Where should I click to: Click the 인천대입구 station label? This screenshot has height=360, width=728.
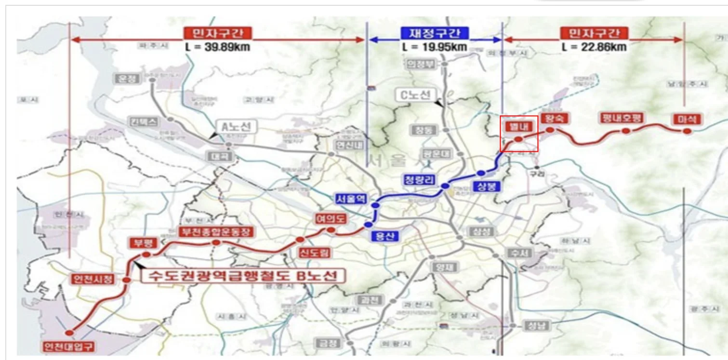70,346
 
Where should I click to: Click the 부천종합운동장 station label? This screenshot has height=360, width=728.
216,232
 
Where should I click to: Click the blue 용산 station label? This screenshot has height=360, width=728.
383,236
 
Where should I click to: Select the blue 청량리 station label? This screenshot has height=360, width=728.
419,179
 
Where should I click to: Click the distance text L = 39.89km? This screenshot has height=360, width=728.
217,47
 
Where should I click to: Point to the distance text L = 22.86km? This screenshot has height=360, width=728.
594,47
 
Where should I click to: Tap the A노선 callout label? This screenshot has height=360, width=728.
236,127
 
